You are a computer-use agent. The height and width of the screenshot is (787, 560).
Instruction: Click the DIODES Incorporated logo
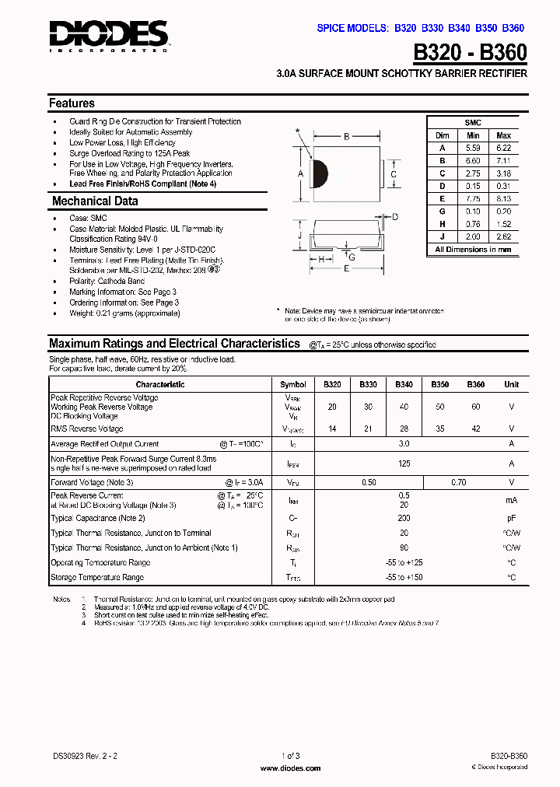tap(108, 35)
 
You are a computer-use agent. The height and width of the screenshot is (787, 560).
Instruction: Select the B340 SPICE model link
tap(460, 28)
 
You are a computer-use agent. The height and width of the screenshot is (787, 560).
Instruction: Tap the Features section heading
tap(72, 103)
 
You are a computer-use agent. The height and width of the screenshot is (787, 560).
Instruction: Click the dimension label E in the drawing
tap(346, 268)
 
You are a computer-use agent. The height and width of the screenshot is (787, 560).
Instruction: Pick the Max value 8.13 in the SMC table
tap(503, 199)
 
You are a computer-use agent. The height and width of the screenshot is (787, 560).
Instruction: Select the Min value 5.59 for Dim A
tap(473, 148)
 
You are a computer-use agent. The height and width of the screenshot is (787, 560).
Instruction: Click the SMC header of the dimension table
tap(473, 123)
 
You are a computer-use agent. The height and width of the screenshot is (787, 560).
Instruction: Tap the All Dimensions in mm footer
tap(473, 250)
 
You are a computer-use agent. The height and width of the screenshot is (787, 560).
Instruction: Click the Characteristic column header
tap(160, 385)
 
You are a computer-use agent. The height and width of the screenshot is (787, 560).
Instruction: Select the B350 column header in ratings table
tap(440, 385)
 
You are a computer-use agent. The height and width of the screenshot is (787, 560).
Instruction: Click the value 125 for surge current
tap(404, 463)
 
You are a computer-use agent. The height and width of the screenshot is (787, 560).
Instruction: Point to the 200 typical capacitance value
tap(404, 518)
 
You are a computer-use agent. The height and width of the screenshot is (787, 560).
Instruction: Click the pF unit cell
tap(511, 518)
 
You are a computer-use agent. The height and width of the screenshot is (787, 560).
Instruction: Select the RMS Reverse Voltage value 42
tap(475, 428)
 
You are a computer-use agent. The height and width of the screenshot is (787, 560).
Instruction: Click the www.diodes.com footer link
tap(290, 768)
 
